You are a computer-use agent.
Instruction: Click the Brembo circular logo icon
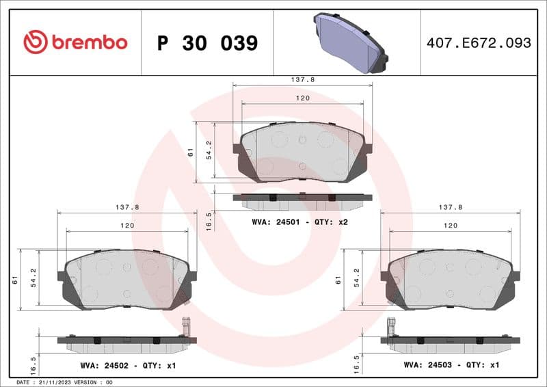tap(36, 42)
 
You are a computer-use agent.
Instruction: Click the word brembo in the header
tap(88, 42)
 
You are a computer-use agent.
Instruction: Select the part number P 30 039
tap(207, 43)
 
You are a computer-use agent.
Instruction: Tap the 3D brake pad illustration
tap(349, 43)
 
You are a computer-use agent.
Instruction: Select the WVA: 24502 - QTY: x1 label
tap(128, 366)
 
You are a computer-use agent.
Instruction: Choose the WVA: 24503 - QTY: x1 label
tap(452, 366)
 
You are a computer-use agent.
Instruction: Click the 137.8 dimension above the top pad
tap(303, 80)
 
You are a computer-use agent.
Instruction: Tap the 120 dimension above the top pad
tap(303, 98)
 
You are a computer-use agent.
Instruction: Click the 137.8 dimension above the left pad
tap(127, 206)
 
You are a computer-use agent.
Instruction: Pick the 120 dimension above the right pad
tap(451, 225)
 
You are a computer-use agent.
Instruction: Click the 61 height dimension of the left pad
tap(15, 279)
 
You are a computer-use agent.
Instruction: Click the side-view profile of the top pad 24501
tap(302, 201)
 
